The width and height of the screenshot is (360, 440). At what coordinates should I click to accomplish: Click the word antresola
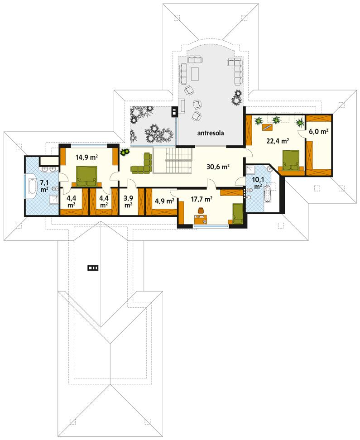(211, 133)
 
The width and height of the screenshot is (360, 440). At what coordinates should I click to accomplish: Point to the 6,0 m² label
(318, 131)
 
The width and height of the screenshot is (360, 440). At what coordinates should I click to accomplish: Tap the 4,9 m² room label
(164, 201)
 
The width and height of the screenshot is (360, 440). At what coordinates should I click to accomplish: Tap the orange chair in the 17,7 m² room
(202, 210)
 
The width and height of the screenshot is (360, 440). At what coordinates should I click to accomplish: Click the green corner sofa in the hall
(143, 164)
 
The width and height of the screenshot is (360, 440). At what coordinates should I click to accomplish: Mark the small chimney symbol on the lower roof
(93, 268)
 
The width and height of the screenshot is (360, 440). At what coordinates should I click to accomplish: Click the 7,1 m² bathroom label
(44, 186)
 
